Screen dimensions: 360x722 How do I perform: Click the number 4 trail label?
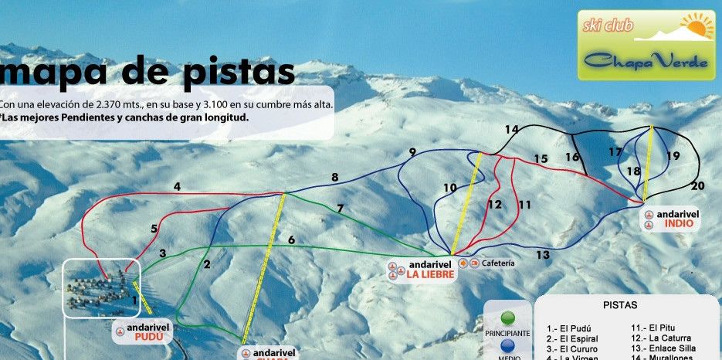pos(177,186)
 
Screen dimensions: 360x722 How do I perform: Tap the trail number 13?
pos(542,254)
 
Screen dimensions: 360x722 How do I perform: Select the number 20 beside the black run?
pos(698,185)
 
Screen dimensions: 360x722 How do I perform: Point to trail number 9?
pos(412,151)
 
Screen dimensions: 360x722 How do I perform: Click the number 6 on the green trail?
pos(291,240)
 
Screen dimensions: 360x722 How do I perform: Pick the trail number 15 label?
pos(541,159)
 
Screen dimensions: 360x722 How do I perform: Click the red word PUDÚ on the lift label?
pos(147,338)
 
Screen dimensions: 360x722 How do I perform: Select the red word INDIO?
pos(677,224)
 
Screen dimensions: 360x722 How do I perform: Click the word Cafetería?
pos(498,263)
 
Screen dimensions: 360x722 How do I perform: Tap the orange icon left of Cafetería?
pos(465,263)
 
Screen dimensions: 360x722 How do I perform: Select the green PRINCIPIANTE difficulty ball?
pos(507,319)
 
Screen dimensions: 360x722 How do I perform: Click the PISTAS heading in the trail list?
pos(619,305)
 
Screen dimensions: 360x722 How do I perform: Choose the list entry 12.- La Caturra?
pos(660,338)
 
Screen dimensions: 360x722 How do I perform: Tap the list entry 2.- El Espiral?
pos(571,338)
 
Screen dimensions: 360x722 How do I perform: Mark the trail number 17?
pos(615,152)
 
